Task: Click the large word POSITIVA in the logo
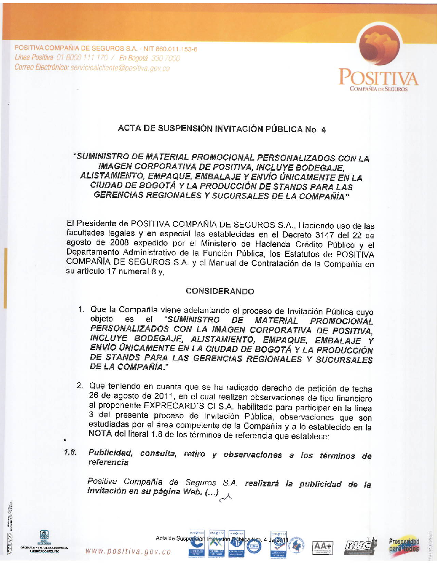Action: pos(378,78)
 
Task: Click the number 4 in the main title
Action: pos(323,129)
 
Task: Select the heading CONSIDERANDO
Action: pos(220,291)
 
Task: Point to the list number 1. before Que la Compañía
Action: pos(81,310)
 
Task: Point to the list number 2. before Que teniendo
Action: pos(80,385)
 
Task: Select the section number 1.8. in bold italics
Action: pos(70,452)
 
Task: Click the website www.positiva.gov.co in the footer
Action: pos(128,552)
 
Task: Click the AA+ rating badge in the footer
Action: pos(323,546)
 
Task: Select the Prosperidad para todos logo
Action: pos(404,545)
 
